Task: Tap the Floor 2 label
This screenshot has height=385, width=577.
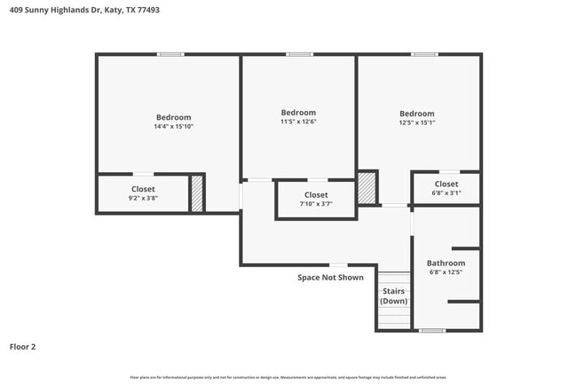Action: click(24, 347)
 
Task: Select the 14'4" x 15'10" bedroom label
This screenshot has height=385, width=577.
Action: click(173, 117)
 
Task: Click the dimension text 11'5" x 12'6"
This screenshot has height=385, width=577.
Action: click(298, 122)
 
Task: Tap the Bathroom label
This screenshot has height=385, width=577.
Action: click(446, 263)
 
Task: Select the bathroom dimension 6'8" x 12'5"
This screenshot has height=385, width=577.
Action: click(446, 272)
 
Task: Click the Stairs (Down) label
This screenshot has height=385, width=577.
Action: click(394, 295)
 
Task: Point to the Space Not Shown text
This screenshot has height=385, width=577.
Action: click(330, 278)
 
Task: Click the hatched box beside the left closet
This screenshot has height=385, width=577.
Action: click(197, 194)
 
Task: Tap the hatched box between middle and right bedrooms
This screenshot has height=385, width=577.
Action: click(367, 188)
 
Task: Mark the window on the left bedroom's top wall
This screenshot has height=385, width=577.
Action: click(170, 55)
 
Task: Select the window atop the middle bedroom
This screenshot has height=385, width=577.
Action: click(299, 55)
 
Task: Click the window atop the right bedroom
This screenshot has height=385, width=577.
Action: click(424, 55)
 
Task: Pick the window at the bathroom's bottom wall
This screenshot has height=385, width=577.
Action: click(431, 331)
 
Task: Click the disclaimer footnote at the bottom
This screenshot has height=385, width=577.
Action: click(288, 377)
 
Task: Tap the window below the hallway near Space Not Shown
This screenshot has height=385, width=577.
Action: click(338, 264)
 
